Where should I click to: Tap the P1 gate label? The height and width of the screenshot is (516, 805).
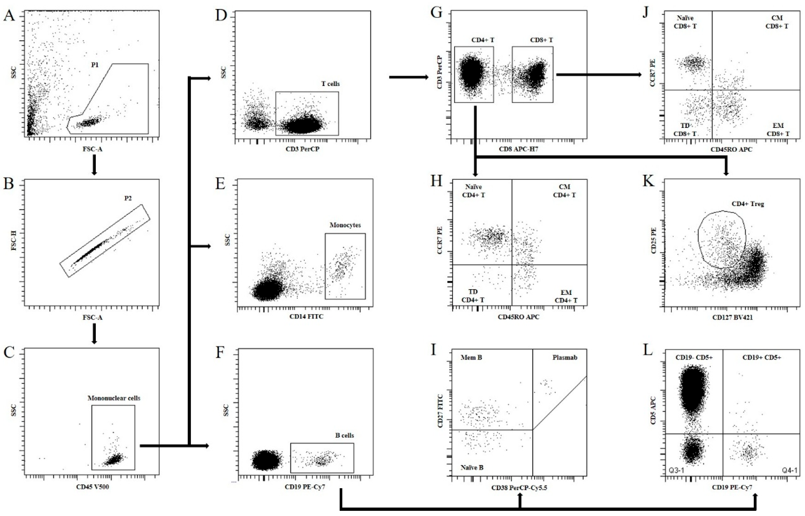(x=95, y=65)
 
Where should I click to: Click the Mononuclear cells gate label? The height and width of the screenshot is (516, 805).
(x=114, y=398)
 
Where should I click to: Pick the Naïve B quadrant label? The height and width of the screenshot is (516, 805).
(x=472, y=467)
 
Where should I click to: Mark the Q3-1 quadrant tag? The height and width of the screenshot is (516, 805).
(x=675, y=470)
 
